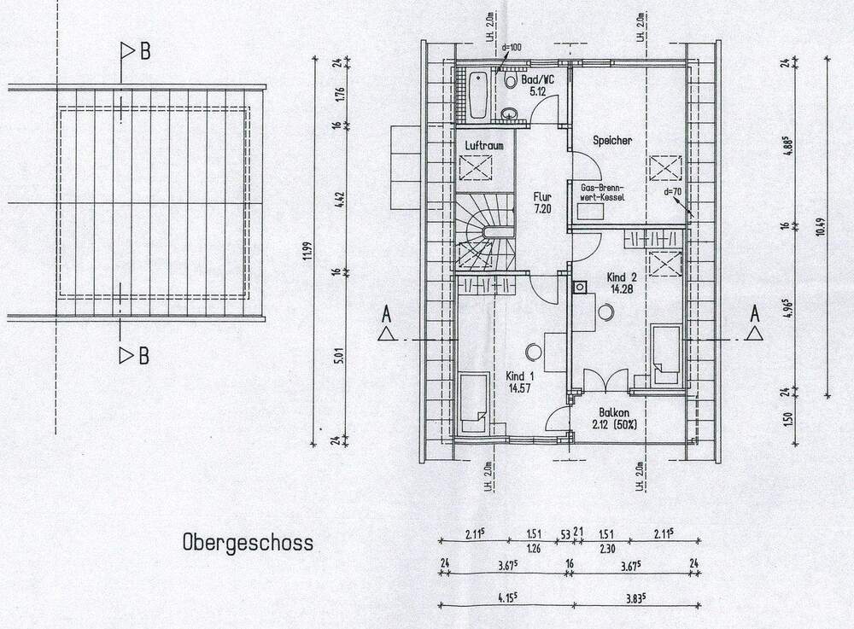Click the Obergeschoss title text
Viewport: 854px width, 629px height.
click(247, 542)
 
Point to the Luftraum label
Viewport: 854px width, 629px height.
click(483, 146)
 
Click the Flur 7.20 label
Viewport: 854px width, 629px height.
click(544, 201)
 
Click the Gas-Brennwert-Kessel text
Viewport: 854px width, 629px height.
click(603, 192)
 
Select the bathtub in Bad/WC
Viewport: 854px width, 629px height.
click(476, 93)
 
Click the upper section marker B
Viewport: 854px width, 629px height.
click(137, 52)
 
